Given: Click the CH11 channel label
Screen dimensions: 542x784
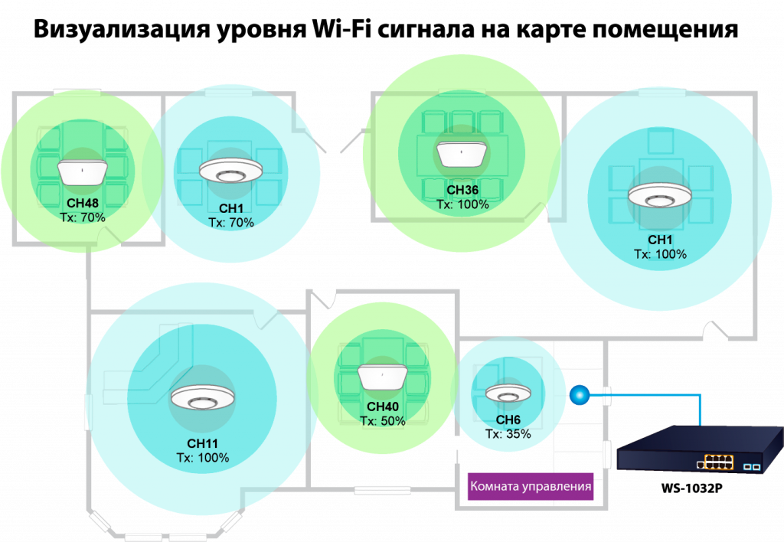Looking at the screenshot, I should (203, 444).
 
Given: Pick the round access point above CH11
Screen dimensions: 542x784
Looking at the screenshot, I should (203, 398).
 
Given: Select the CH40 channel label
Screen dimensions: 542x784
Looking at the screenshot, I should (383, 407).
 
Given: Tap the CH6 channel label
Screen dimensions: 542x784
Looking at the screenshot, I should (508, 420).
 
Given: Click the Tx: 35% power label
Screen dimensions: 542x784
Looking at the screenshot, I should (508, 434).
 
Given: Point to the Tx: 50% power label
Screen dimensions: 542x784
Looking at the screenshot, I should (383, 421).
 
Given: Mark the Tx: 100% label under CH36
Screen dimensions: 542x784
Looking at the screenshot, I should (462, 205).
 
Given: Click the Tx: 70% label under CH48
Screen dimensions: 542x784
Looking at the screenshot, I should (82, 218).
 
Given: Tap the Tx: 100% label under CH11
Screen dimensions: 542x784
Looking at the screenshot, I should (203, 458).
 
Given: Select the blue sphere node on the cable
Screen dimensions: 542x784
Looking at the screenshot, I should (579, 394).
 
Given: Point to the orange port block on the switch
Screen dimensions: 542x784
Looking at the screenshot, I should (714, 462).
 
